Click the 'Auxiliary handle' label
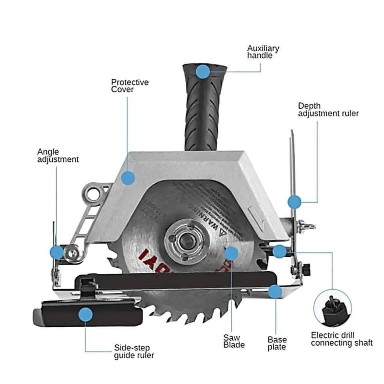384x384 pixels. (263, 52)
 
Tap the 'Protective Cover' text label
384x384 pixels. (130, 86)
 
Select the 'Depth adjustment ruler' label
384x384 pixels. (328, 110)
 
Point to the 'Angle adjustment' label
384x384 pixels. (58, 156)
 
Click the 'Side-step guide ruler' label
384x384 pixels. (134, 351)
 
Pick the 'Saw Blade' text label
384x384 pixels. (234, 341)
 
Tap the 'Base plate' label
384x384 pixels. (277, 343)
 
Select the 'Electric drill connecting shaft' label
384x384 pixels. (342, 339)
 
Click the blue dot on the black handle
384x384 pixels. (203, 72)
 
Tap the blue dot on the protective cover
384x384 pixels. (128, 178)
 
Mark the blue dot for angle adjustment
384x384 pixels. (56, 252)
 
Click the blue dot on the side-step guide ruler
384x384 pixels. (86, 315)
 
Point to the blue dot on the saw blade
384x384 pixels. (231, 253)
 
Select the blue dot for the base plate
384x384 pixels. (275, 292)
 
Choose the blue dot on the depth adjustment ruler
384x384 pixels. (294, 202)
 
